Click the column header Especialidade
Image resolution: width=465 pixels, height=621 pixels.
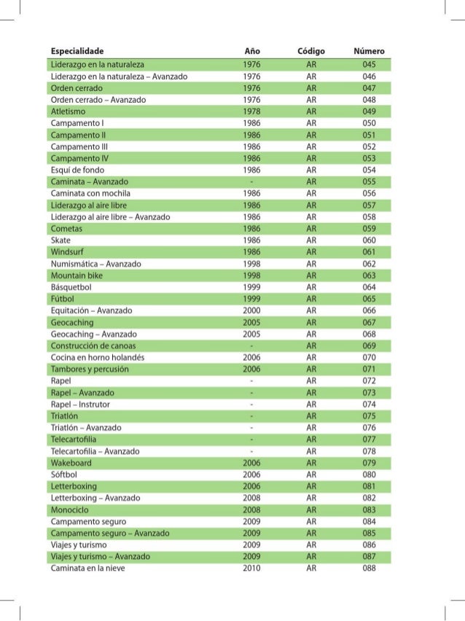pyautogui.click(x=77, y=52)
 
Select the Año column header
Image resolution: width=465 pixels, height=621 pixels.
pyautogui.click(x=251, y=52)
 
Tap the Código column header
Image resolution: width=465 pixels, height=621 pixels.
pyautogui.click(x=311, y=52)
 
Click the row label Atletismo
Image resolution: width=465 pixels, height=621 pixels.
pyautogui.click(x=69, y=112)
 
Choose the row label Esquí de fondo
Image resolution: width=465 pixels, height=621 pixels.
pyautogui.click(x=79, y=169)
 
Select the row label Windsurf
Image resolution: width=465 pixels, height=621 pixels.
pyautogui.click(x=67, y=251)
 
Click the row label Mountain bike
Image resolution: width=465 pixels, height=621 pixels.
pyautogui.click(x=77, y=276)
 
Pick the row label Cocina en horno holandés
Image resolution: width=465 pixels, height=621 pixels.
pyautogui.click(x=98, y=358)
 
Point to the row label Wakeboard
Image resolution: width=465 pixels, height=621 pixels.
pyautogui.click(x=71, y=463)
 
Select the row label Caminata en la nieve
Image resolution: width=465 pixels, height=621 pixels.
pyautogui.click(x=88, y=569)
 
